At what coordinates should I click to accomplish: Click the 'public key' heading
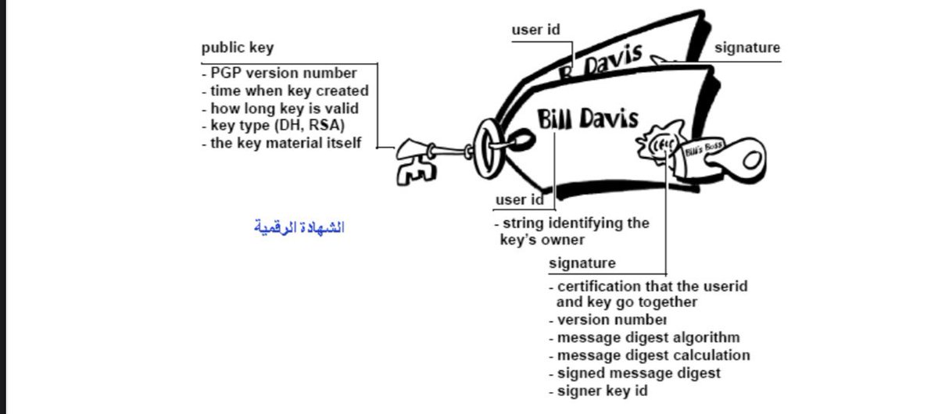pos(238,48)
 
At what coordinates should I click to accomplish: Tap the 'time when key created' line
pos(284,91)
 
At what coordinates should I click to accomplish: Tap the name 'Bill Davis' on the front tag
pos(588,120)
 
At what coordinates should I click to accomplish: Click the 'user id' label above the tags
pos(536,30)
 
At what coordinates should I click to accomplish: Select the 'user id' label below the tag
pos(519,200)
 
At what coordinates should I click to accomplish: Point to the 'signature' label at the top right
pos(747,48)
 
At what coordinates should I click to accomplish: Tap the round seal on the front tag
pos(658,145)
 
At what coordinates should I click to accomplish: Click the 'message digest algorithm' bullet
pos(649,337)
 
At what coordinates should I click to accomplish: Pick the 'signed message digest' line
pos(639,373)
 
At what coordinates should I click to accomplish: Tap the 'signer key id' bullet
pos(603,391)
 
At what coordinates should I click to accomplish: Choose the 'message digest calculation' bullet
pos(653,355)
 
